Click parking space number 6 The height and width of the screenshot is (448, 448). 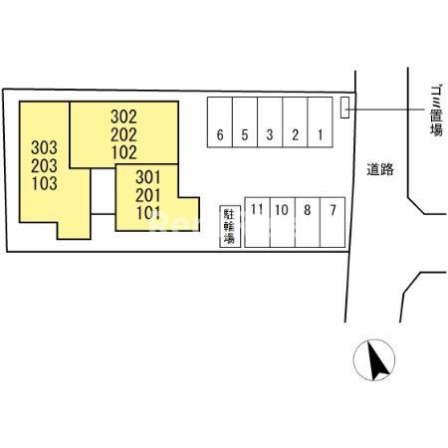pyautogui.click(x=220, y=121)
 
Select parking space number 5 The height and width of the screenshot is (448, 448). pyautogui.click(x=245, y=121)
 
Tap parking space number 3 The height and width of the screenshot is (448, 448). pyautogui.click(x=270, y=121)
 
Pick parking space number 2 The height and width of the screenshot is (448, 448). pyautogui.click(x=295, y=121)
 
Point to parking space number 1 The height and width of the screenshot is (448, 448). pyautogui.click(x=321, y=121)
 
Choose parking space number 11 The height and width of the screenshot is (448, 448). pyautogui.click(x=258, y=222)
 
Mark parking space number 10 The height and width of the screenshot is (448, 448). pyautogui.click(x=283, y=222)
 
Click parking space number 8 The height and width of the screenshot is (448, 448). pyautogui.click(x=308, y=222)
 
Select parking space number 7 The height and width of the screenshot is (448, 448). pyautogui.click(x=333, y=222)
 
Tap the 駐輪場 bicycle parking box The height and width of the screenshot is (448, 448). pyautogui.click(x=230, y=226)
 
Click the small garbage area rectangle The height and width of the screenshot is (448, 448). pyautogui.click(x=344, y=108)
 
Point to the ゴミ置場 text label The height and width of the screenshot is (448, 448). pyautogui.click(x=436, y=111)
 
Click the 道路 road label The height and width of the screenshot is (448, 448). pyautogui.click(x=380, y=169)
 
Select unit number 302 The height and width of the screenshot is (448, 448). pyautogui.click(x=123, y=116)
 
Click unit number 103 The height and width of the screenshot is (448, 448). pyautogui.click(x=45, y=183)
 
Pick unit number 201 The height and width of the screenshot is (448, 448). pyautogui.click(x=148, y=195)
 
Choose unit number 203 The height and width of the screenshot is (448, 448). pyautogui.click(x=45, y=165)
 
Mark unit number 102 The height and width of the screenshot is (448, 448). pyautogui.click(x=124, y=152)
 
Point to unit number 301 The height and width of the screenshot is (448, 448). pyautogui.click(x=148, y=177)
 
